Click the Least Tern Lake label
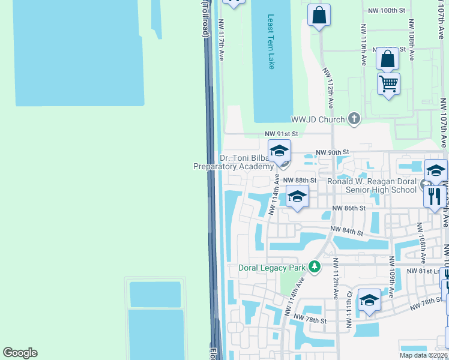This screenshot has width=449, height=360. pos(271,41)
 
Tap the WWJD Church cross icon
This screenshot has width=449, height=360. pos(354,119)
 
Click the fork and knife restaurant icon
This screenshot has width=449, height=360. pos(435,196)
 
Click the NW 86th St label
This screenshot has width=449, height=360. pos(349,208)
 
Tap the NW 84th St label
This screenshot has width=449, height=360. pos(347,231)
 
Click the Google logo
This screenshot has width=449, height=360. pos(20,353)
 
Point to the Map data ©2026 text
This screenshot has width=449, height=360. pos(424,355)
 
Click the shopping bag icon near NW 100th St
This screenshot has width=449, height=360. pos(319,15)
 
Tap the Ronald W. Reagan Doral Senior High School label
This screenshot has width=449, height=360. pos(372,185)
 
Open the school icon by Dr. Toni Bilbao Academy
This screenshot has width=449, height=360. pos(279,151)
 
